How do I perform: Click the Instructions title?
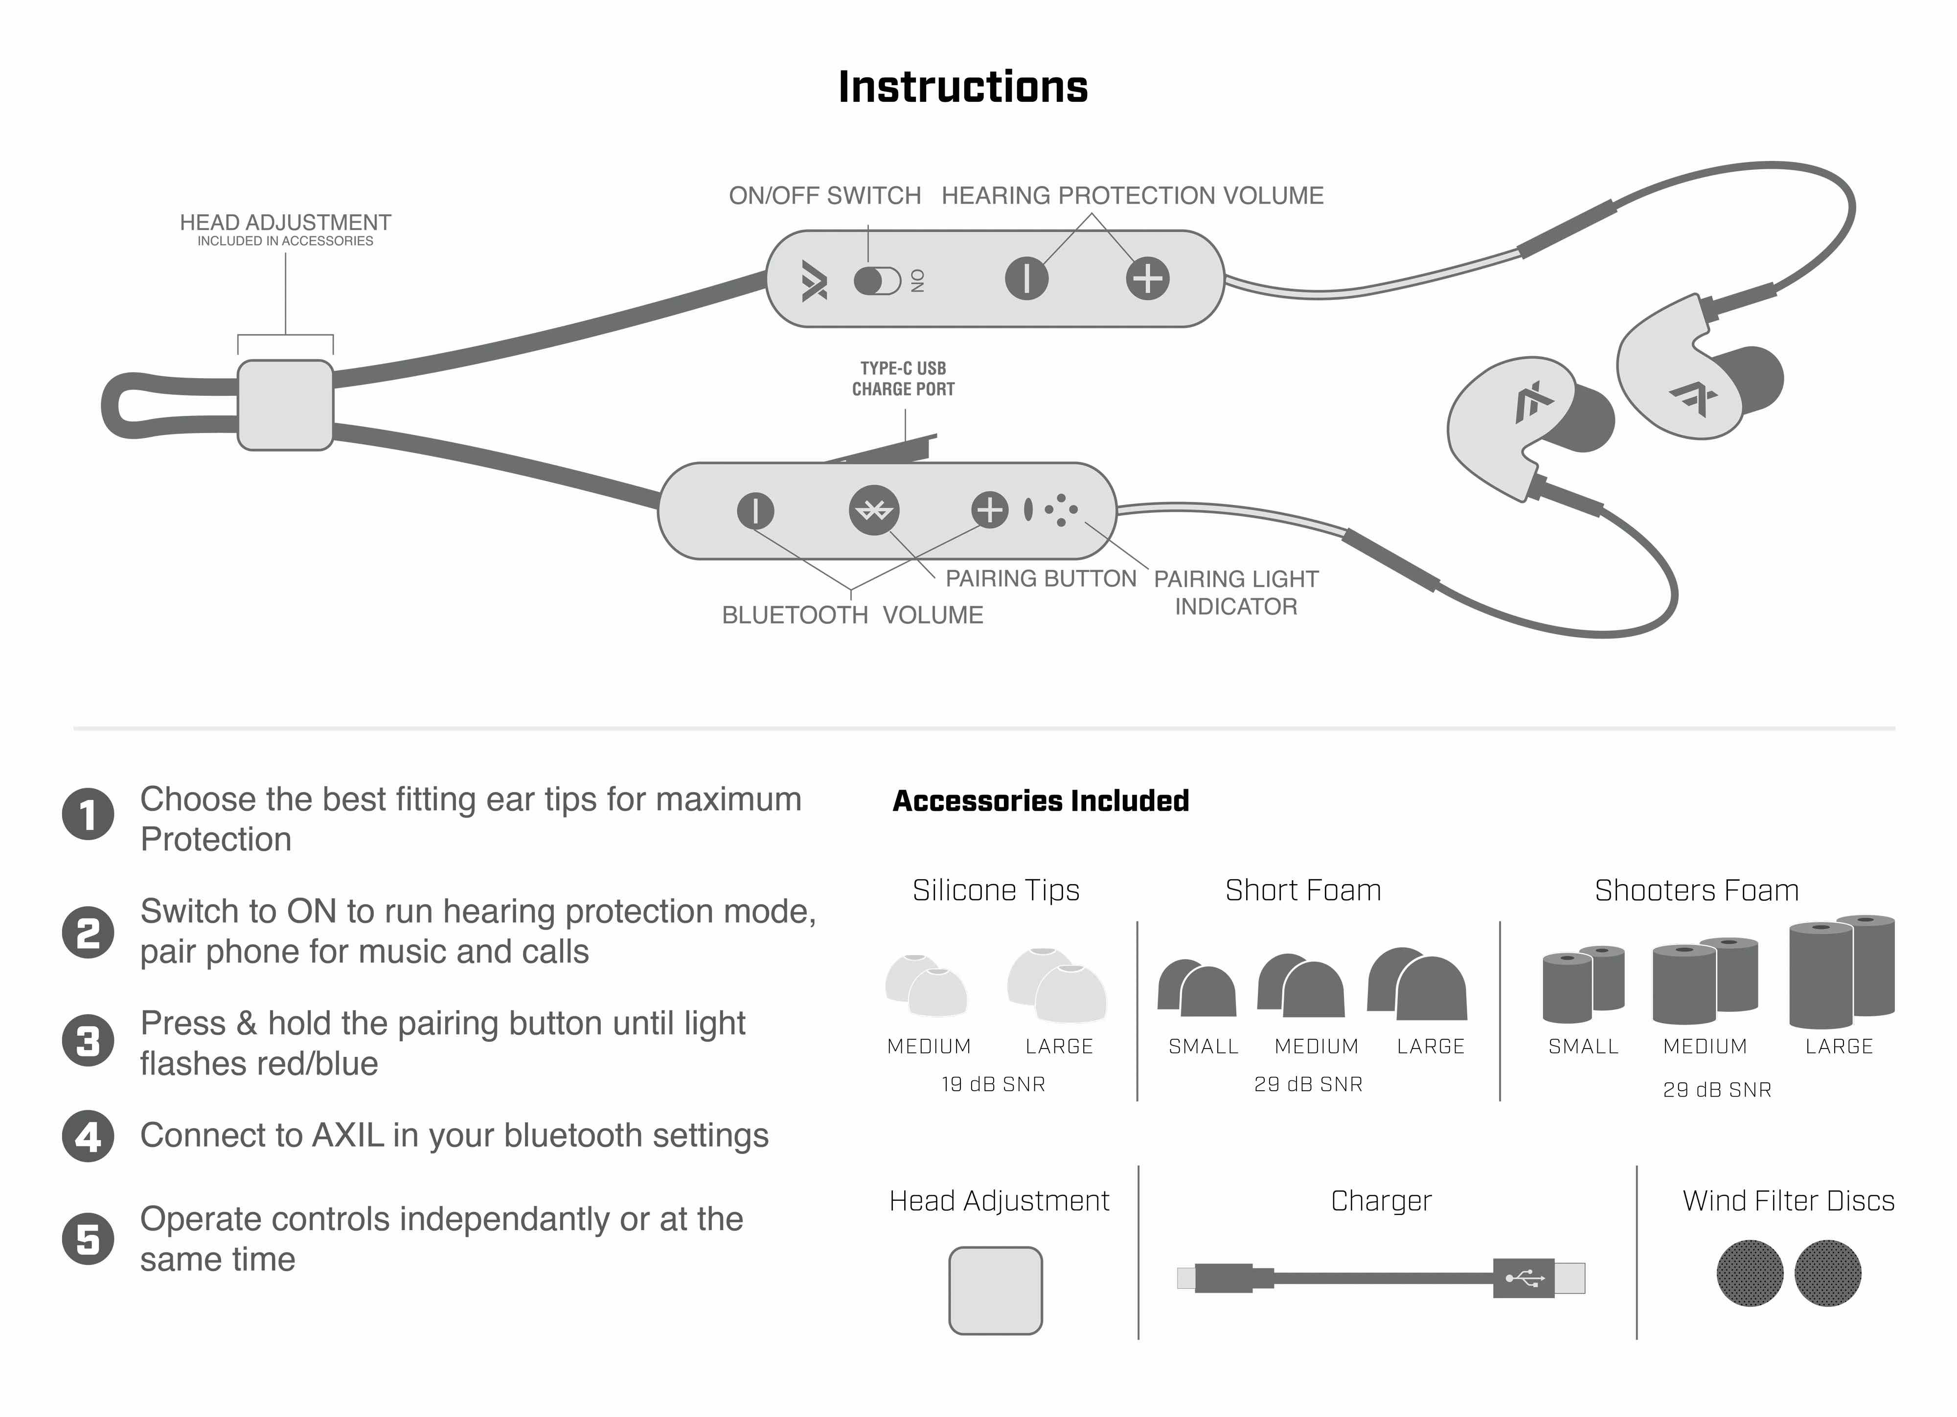coord(963,87)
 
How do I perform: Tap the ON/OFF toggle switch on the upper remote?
coord(877,280)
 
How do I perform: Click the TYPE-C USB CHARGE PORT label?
coord(904,379)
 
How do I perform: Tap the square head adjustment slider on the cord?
coord(286,405)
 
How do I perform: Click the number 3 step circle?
coord(88,1041)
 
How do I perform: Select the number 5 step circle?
coord(88,1239)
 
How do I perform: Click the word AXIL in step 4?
coord(348,1136)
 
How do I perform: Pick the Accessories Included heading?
coord(1041,801)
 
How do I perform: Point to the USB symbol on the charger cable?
coord(1525,1278)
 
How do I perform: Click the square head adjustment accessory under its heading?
coord(996,1291)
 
